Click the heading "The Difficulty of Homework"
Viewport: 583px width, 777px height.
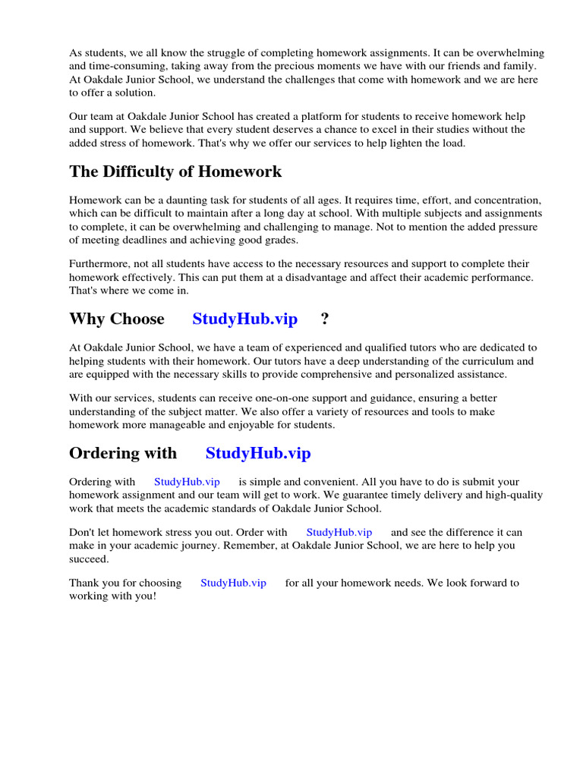[175, 171]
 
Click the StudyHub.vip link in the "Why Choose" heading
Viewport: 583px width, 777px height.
[244, 319]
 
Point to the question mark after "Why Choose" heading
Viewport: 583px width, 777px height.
[325, 319]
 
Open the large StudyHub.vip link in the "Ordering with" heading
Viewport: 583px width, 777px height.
[258, 454]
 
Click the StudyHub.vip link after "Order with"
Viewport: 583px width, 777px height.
[339, 533]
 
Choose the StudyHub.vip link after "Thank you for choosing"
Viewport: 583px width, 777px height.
[233, 583]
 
